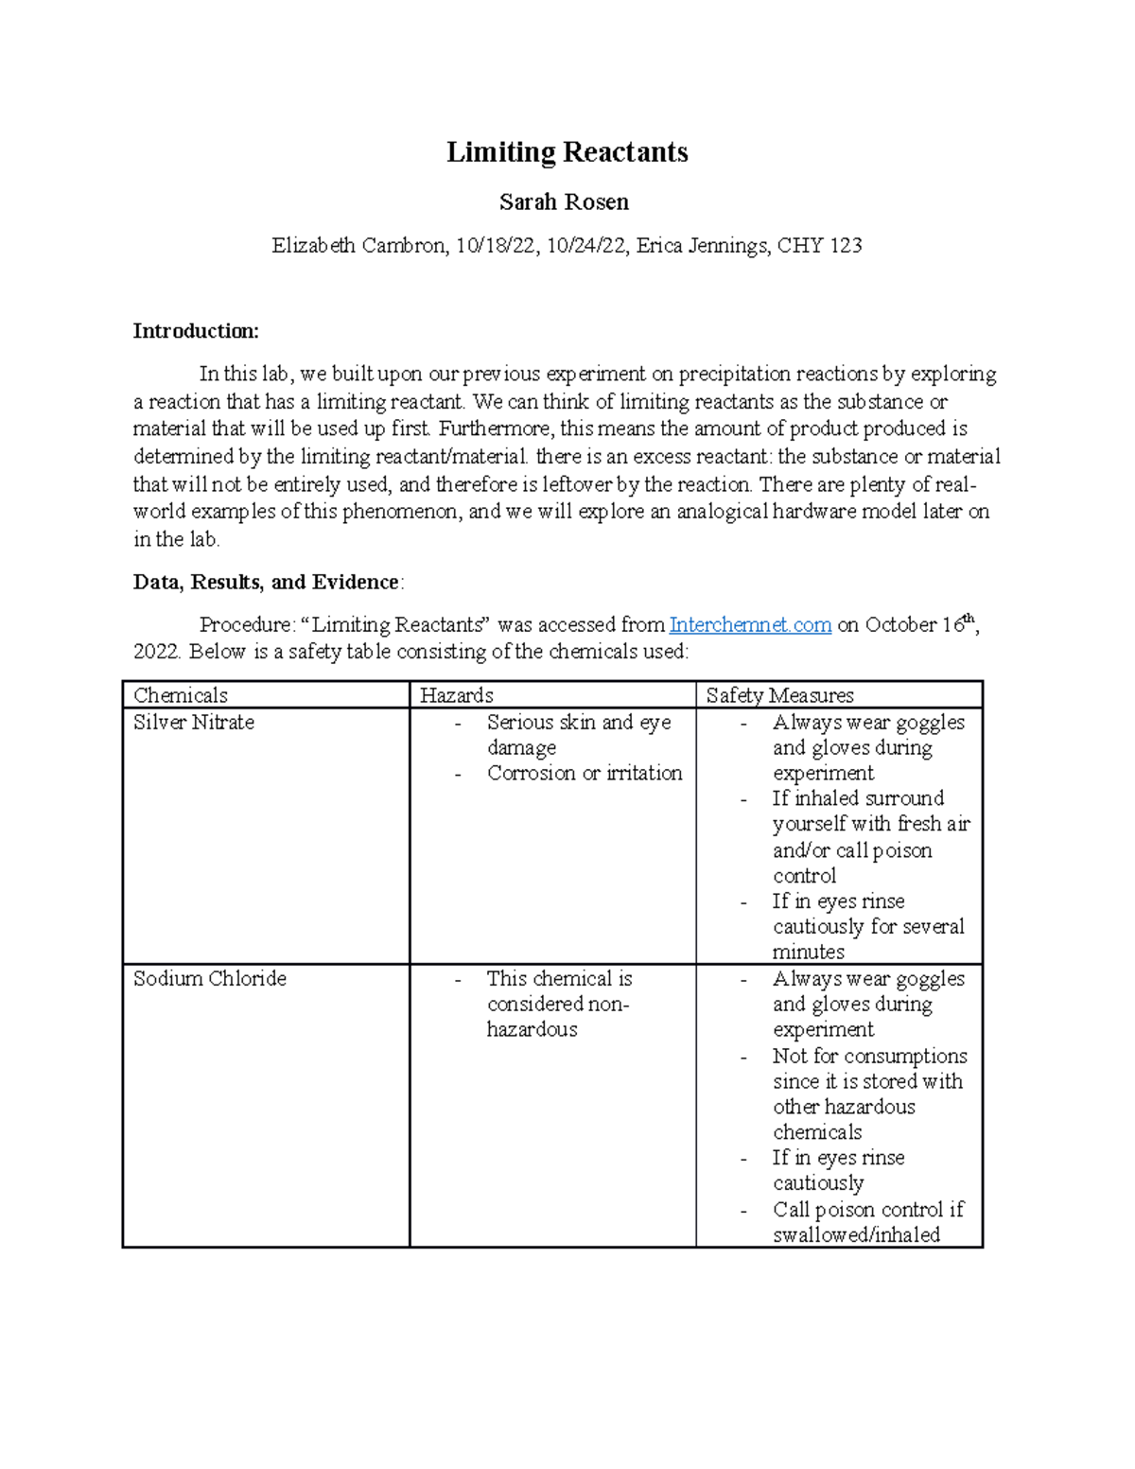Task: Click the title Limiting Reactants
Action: point(567,152)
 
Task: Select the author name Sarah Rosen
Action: point(564,202)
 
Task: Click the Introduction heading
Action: point(195,331)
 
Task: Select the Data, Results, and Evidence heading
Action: point(267,583)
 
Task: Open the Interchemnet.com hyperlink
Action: point(750,625)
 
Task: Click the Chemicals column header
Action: point(180,695)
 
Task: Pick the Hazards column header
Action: point(456,695)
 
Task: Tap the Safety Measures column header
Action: point(779,695)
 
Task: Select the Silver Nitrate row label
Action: point(194,723)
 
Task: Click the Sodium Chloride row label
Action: point(209,979)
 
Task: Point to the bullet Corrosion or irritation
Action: point(584,774)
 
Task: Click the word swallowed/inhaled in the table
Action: point(856,1235)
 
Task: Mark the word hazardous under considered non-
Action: point(532,1030)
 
